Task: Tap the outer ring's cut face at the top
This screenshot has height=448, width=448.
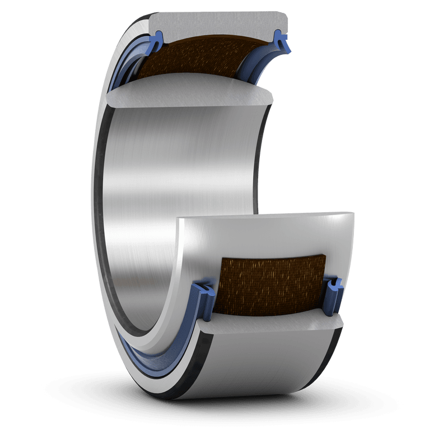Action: click(x=218, y=25)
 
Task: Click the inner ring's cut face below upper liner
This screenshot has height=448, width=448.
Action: click(x=190, y=96)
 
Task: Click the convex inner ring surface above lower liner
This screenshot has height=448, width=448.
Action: click(x=269, y=235)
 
